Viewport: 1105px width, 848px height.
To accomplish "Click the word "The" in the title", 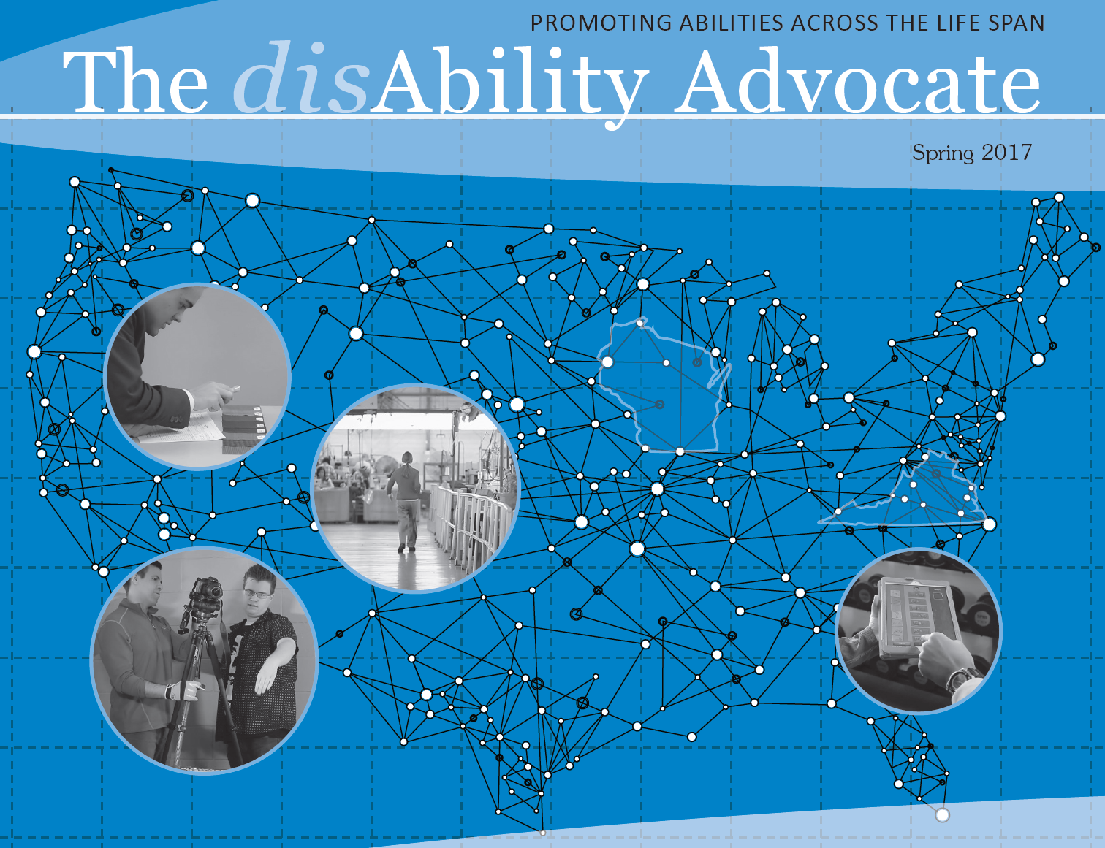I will click(x=135, y=82).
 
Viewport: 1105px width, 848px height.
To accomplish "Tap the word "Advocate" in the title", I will click(x=857, y=82).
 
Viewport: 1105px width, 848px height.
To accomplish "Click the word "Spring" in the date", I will click(x=943, y=153).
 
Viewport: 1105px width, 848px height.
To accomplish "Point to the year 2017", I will click(x=1006, y=152).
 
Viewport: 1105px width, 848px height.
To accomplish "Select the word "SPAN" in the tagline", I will click(x=1016, y=23).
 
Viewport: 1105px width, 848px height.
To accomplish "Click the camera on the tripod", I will click(x=207, y=590).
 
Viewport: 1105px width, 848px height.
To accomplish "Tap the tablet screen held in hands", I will click(x=917, y=614).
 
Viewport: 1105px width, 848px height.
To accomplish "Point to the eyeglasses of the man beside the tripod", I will click(x=256, y=594).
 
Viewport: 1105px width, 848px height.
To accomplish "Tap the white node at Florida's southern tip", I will click(x=943, y=814).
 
